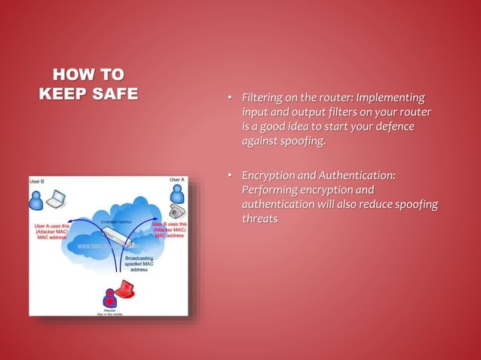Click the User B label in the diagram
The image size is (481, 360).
click(x=38, y=182)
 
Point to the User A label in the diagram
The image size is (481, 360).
click(x=176, y=180)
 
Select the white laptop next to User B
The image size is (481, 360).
click(x=56, y=200)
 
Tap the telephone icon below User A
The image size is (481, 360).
click(x=176, y=210)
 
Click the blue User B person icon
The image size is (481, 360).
click(x=36, y=200)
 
